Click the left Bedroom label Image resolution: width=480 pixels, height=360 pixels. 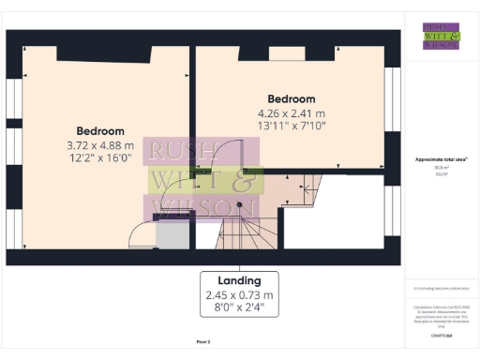point(100,130)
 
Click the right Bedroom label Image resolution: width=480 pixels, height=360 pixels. point(291,98)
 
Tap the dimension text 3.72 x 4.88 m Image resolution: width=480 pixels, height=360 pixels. point(100,145)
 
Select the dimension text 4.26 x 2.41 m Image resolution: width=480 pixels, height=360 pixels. point(291,113)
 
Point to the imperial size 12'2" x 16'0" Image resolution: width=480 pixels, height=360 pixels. point(100,160)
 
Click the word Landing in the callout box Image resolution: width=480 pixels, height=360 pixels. point(239,280)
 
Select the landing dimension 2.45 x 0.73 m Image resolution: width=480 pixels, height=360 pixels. point(239,295)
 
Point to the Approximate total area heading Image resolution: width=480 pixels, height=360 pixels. point(441,159)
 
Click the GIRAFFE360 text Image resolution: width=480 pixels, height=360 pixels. point(441,335)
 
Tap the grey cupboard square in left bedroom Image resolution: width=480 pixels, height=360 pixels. point(172,235)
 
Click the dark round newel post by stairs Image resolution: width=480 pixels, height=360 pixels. point(240,204)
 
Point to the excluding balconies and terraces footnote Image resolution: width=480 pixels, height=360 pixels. point(441,289)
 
